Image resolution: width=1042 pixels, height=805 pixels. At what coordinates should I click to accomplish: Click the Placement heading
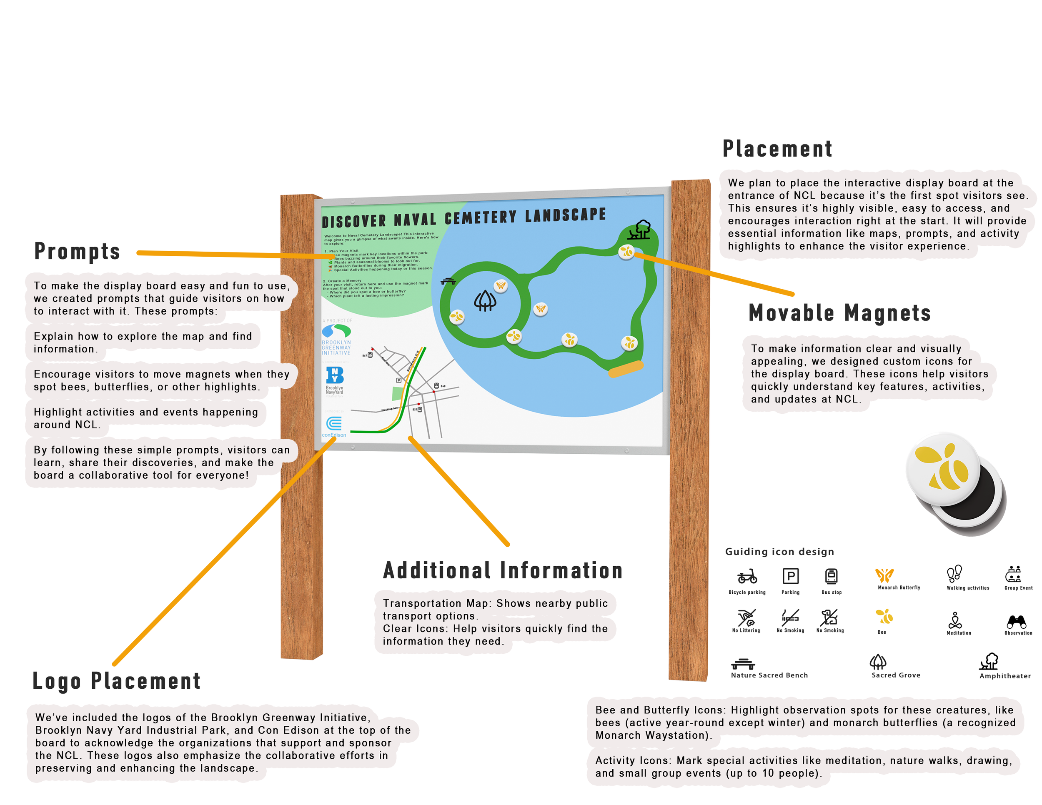[x=777, y=149]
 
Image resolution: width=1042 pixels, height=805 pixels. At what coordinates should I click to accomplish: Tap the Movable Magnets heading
[x=839, y=313]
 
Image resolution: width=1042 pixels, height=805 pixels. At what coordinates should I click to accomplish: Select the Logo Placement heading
[x=116, y=680]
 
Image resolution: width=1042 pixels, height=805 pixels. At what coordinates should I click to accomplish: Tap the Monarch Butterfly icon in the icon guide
[x=884, y=575]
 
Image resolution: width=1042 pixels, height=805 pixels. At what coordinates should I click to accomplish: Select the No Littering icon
[x=746, y=617]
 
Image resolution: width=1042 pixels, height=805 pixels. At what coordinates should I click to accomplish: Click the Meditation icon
[x=955, y=620]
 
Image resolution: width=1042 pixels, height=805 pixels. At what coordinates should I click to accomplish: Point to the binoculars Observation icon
[x=1016, y=621]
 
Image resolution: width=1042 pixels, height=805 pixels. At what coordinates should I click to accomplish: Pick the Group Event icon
[x=1013, y=574]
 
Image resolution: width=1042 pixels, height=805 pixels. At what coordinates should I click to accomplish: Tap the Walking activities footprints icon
[x=954, y=573]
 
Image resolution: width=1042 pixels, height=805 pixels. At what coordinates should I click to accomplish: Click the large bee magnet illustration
[x=943, y=469]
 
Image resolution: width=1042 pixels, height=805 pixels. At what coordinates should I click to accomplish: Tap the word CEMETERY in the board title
[x=481, y=217]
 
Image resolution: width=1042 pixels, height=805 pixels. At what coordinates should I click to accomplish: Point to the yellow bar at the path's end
[x=626, y=369]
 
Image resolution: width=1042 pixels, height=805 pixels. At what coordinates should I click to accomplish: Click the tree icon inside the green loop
[x=485, y=300]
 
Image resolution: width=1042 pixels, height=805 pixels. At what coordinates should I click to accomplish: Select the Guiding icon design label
[x=779, y=552]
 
